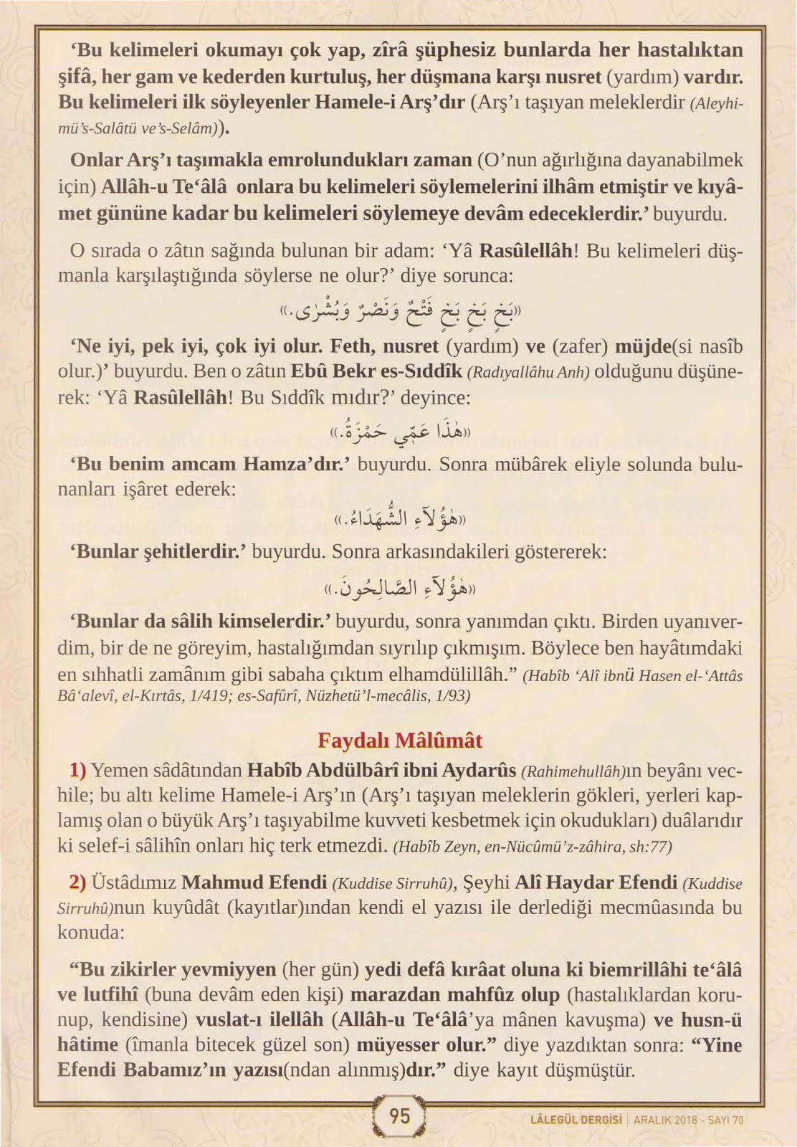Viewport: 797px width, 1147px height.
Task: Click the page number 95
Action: tap(399, 1115)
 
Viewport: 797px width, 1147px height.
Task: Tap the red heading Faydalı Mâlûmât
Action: tap(399, 740)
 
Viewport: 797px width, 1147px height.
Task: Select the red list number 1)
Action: tap(77, 771)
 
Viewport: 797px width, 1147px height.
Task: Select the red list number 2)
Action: tap(77, 882)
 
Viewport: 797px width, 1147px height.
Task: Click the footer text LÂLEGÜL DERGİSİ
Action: tap(575, 1120)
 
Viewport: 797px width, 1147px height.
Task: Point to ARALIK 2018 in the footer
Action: tap(665, 1120)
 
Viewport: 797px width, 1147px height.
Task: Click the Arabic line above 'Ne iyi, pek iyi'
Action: tap(399, 312)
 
